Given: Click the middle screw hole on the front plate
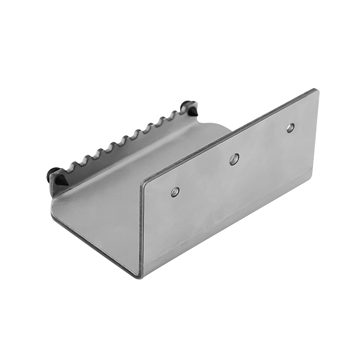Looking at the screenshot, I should pyautogui.click(x=234, y=159).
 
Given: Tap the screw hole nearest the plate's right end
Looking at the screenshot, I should pyautogui.click(x=290, y=128).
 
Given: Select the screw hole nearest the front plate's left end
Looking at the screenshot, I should pyautogui.click(x=175, y=192).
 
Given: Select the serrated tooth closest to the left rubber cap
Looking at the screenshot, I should pyautogui.click(x=70, y=168).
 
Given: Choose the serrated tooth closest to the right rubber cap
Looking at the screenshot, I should pyautogui.click(x=174, y=113).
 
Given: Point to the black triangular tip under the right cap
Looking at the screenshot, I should pyautogui.click(x=193, y=112).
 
